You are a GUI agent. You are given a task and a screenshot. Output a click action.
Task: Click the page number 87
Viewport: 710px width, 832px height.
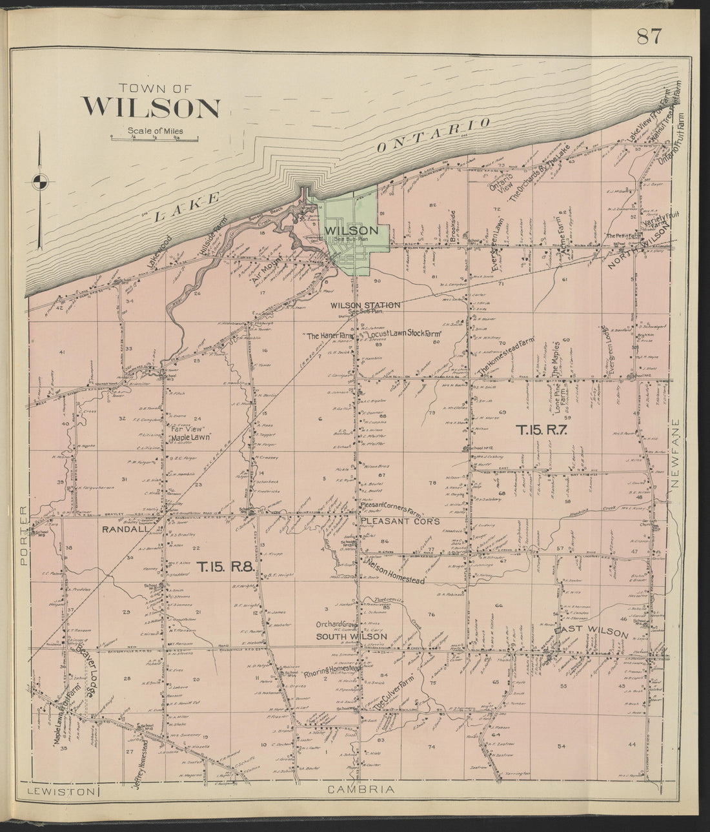click(648, 37)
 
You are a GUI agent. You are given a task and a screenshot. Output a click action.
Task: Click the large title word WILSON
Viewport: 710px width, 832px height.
click(150, 107)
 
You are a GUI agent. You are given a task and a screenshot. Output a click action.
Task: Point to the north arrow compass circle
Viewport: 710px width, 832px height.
click(40, 180)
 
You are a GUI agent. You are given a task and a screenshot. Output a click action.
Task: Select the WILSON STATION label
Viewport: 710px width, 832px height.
click(365, 305)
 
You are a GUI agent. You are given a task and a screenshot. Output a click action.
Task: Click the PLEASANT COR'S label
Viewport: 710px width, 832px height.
click(400, 521)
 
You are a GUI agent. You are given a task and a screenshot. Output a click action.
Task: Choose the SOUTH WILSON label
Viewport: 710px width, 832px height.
click(351, 636)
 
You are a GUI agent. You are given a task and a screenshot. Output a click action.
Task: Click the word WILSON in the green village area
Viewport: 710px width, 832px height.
click(351, 230)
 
